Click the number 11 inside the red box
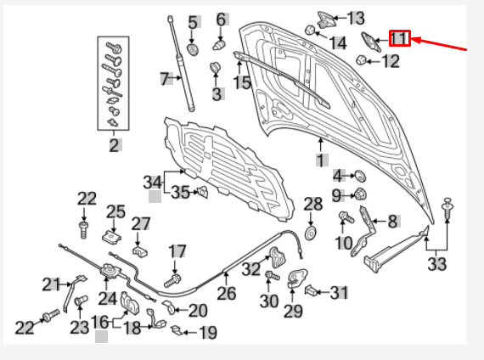[399, 38]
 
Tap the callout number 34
[153, 182]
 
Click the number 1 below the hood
[321, 159]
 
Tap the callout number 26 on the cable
[226, 294]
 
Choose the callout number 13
[355, 18]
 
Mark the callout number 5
[193, 22]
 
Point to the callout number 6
[221, 19]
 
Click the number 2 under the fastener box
[114, 144]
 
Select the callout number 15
[242, 82]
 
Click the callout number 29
[293, 312]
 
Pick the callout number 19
[207, 332]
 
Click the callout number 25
[115, 211]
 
